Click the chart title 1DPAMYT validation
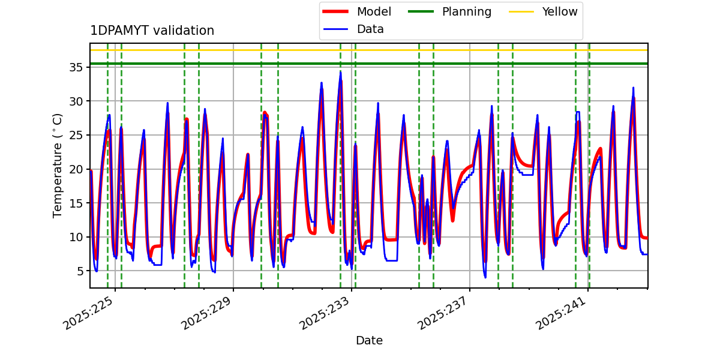152,31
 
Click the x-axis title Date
369,340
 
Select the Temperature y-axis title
58,165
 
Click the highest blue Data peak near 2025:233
340,72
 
